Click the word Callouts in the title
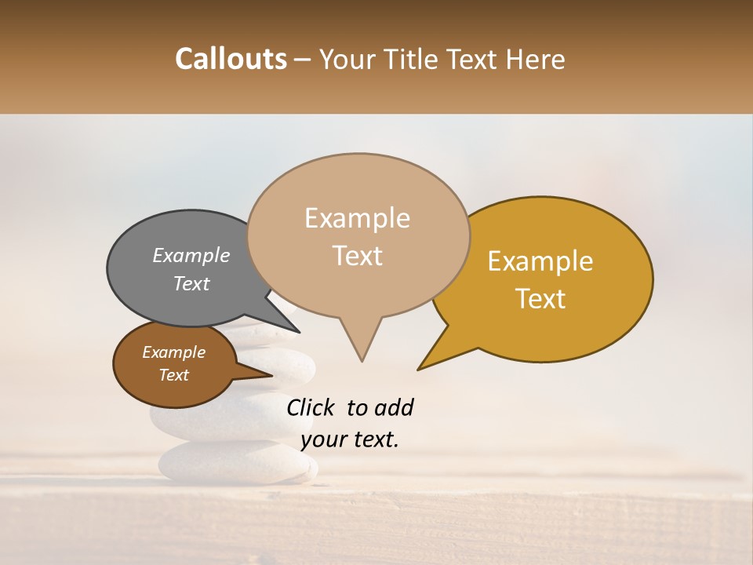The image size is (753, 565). (231, 59)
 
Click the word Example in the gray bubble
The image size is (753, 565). (191, 256)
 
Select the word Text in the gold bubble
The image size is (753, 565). (541, 299)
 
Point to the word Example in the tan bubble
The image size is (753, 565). (358, 218)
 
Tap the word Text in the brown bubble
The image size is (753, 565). (174, 375)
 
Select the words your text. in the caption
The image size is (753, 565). (350, 439)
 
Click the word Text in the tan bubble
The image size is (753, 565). (358, 256)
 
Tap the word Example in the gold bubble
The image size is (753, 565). (540, 261)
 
